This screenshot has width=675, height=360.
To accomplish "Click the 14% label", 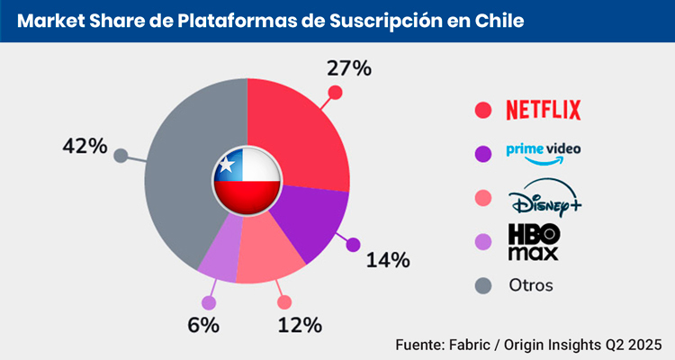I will click(x=388, y=260).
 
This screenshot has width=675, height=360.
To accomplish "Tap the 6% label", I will click(x=202, y=325).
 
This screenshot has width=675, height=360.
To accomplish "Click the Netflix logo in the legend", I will click(x=544, y=110).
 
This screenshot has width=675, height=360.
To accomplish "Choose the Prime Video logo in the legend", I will click(x=543, y=154).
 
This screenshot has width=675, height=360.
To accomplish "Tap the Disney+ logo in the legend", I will click(x=543, y=199).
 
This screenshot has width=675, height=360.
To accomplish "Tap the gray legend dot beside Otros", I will click(x=483, y=285).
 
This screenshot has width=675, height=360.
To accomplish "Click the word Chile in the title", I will click(x=499, y=19).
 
